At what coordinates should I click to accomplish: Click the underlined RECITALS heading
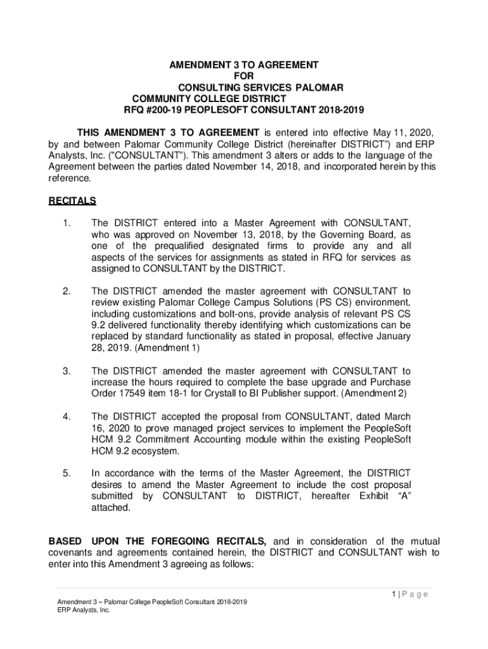point(72,201)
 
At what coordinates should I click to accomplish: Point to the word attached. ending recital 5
point(111,508)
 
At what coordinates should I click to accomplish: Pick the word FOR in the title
point(243,76)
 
